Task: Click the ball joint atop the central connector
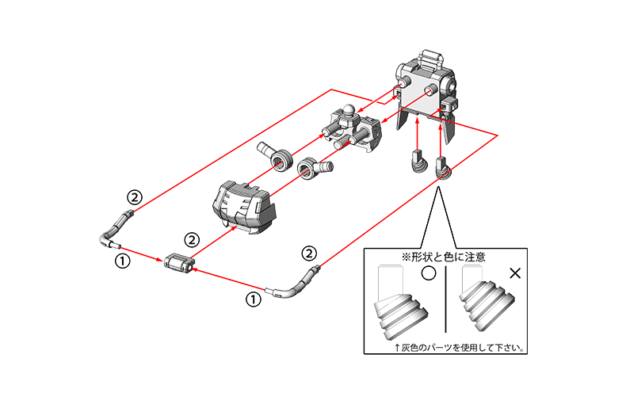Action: coord(349,111)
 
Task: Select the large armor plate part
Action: coord(244,207)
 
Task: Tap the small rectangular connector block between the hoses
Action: coord(179,264)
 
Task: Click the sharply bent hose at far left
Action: coord(115,231)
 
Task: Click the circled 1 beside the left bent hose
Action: coord(123,261)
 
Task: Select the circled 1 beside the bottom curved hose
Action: coord(253,299)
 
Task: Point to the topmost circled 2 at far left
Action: coord(135,197)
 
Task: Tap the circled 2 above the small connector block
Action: coord(192,240)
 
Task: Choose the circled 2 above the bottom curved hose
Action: coord(309,253)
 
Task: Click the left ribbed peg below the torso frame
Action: coord(418,161)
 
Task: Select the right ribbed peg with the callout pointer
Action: coord(442,168)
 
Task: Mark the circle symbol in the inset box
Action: coord(429,273)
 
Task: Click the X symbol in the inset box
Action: coord(515,273)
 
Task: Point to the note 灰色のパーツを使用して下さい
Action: coord(461,348)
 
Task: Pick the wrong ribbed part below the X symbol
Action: coord(487,298)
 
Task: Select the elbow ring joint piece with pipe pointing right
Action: coord(315,168)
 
